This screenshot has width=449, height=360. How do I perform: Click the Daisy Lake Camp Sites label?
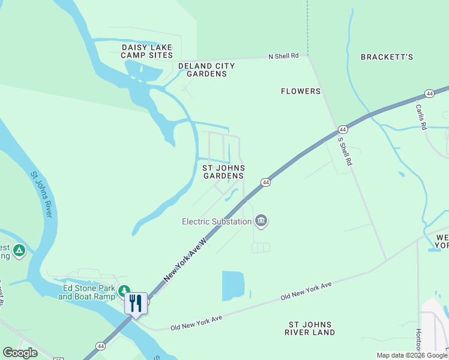pos(147,51)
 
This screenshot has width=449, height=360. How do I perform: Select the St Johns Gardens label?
pos(223,172)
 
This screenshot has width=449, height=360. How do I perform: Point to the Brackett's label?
pos(387,57)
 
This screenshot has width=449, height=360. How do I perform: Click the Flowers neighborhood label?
pos(301,91)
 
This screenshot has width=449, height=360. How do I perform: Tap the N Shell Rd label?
pos(283,56)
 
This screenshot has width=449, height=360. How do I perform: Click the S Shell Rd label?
pos(345,151)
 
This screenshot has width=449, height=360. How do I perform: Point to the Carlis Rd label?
pos(421,117)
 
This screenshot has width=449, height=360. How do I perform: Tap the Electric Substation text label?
pos(217,221)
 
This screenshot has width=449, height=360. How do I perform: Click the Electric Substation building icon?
pos(261,221)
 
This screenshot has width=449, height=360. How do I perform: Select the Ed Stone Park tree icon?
pos(124,292)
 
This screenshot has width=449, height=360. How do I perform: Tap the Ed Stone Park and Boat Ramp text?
pos(89,292)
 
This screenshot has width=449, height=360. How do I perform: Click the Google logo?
pos(20,353)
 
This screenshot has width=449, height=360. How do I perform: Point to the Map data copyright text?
pos(412,355)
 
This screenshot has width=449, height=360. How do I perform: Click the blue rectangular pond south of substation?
pos(234,286)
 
